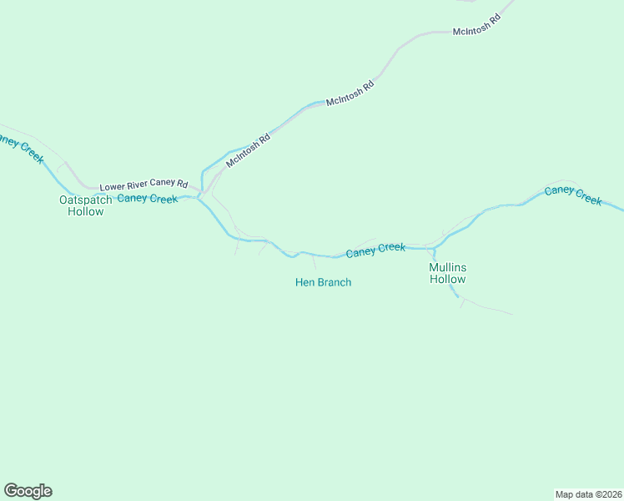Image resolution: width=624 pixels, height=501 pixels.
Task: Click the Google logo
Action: coord(28,491)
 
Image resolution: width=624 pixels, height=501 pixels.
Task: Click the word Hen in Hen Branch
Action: coord(304,282)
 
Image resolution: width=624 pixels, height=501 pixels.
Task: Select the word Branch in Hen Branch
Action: coord(334,282)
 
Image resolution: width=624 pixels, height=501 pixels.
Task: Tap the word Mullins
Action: coord(447,267)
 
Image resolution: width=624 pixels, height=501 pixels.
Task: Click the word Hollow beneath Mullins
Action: coord(447,279)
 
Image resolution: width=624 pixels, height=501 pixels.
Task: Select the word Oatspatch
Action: coord(85,200)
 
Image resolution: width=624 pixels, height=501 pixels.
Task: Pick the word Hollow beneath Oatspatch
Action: coord(85,211)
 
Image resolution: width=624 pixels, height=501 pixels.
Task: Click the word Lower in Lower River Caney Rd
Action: coord(113,187)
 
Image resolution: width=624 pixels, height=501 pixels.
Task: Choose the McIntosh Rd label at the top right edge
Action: coord(476,25)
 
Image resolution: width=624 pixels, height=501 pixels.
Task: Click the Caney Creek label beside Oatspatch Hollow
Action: coord(147,199)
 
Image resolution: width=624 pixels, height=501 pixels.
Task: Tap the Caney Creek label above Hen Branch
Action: coord(375,249)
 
